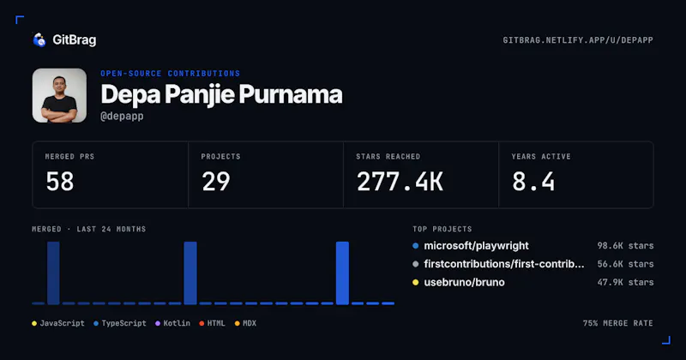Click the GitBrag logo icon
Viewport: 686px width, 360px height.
click(39, 39)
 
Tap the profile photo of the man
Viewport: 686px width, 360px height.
click(59, 95)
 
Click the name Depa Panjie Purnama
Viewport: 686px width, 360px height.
click(221, 94)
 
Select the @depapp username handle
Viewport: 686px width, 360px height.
click(122, 117)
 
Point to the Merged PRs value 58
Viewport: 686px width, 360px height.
click(60, 182)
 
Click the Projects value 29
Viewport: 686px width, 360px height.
click(216, 182)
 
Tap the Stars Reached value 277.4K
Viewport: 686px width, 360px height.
click(400, 182)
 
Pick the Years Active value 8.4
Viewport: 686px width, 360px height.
click(533, 182)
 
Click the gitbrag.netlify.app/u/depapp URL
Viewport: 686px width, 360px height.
click(578, 40)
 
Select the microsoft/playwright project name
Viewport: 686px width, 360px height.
click(476, 246)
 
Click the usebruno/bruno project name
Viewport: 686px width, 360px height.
click(464, 283)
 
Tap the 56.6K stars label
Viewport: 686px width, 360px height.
click(625, 264)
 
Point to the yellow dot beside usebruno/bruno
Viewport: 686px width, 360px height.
click(416, 283)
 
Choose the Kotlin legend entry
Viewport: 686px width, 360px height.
click(173, 323)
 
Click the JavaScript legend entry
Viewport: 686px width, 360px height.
click(58, 323)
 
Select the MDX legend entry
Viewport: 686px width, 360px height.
click(245, 323)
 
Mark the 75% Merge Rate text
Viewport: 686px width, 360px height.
click(617, 323)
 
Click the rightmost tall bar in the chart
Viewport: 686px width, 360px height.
click(342, 273)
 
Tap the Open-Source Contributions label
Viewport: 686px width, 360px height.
click(170, 74)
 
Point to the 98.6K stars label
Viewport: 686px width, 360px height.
click(625, 246)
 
